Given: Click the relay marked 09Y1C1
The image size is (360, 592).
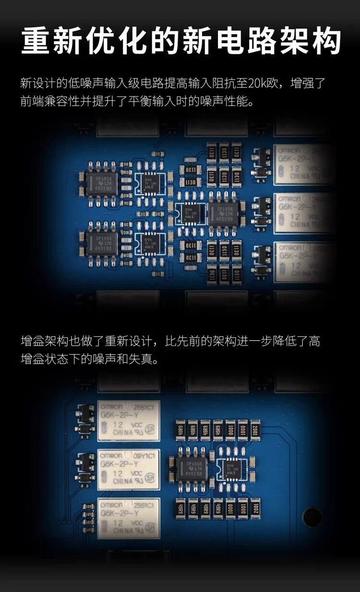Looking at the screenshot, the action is tap(129, 470).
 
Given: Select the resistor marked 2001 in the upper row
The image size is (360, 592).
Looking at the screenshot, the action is tap(254, 428).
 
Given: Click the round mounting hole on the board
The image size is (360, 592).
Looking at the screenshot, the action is tap(312, 517).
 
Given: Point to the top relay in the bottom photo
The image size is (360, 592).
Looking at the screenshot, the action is tap(129, 421).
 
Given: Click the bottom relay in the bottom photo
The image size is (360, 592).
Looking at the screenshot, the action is tap(129, 518).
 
